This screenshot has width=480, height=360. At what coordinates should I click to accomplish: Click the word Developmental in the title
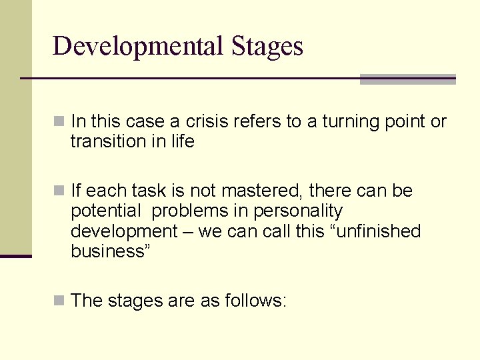tap(139, 47)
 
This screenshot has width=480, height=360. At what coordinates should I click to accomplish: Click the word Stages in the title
tap(267, 47)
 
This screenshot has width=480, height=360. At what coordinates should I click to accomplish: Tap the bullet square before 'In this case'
tap(60, 122)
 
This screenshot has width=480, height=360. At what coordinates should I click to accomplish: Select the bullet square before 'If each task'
tap(60, 191)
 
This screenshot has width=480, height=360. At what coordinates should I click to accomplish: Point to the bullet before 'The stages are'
tap(60, 301)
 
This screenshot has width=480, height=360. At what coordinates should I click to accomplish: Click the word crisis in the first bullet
tap(207, 121)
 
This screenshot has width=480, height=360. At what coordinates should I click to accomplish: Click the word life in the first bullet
tap(182, 141)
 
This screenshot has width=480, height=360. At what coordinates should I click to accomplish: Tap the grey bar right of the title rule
tap(407, 79)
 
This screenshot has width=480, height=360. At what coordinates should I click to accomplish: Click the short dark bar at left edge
tap(15, 256)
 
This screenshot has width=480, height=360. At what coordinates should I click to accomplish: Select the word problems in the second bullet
tap(190, 211)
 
